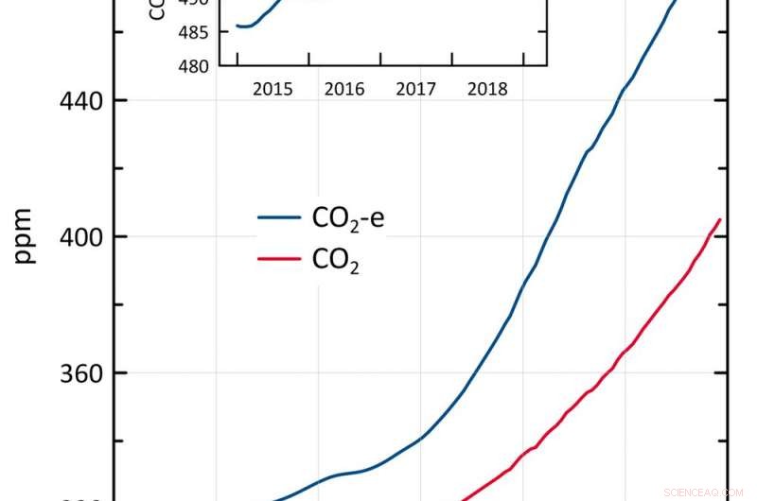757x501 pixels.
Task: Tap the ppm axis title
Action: click(25, 236)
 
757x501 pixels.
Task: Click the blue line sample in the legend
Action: click(279, 218)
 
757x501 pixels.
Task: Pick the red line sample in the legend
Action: click(279, 261)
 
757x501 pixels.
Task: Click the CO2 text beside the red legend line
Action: click(336, 262)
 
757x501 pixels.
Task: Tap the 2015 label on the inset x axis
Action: click(273, 90)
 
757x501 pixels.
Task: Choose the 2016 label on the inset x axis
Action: click(344, 90)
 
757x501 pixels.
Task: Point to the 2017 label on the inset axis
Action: click(415, 90)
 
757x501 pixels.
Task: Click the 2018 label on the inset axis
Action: click(487, 90)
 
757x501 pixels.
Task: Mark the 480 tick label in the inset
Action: click(196, 66)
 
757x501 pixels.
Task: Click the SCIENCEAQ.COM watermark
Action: click(704, 492)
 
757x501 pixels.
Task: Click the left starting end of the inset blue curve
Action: click(237, 26)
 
